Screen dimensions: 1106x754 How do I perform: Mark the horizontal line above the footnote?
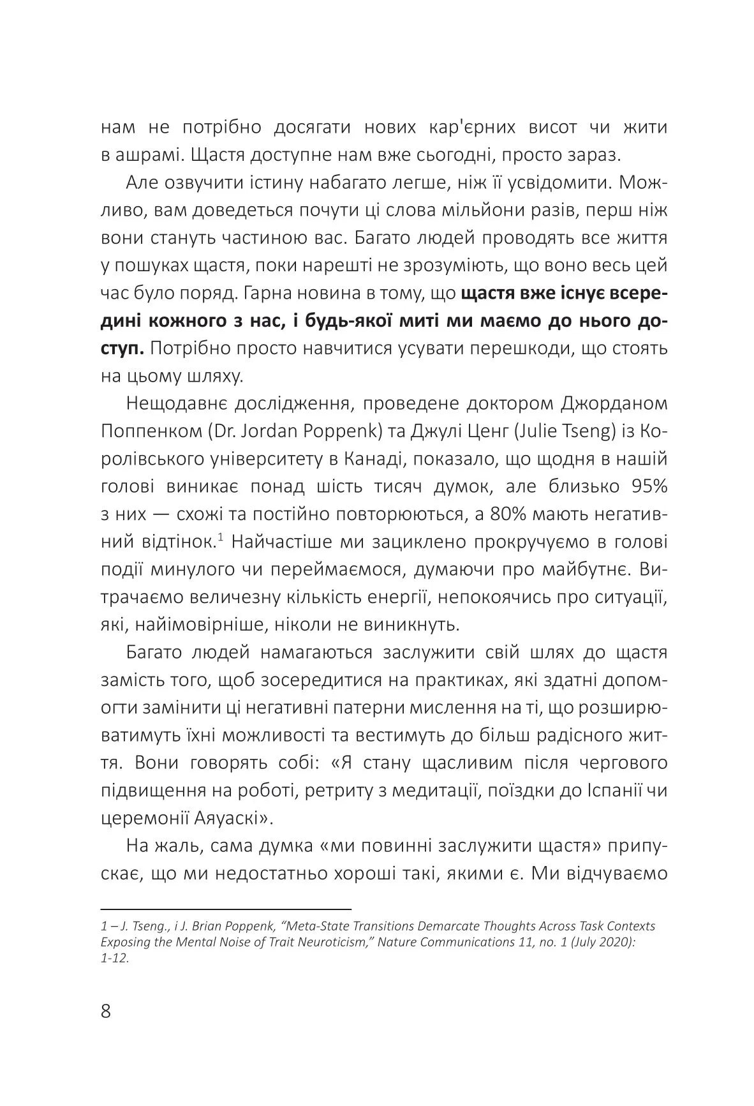(x=226, y=908)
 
